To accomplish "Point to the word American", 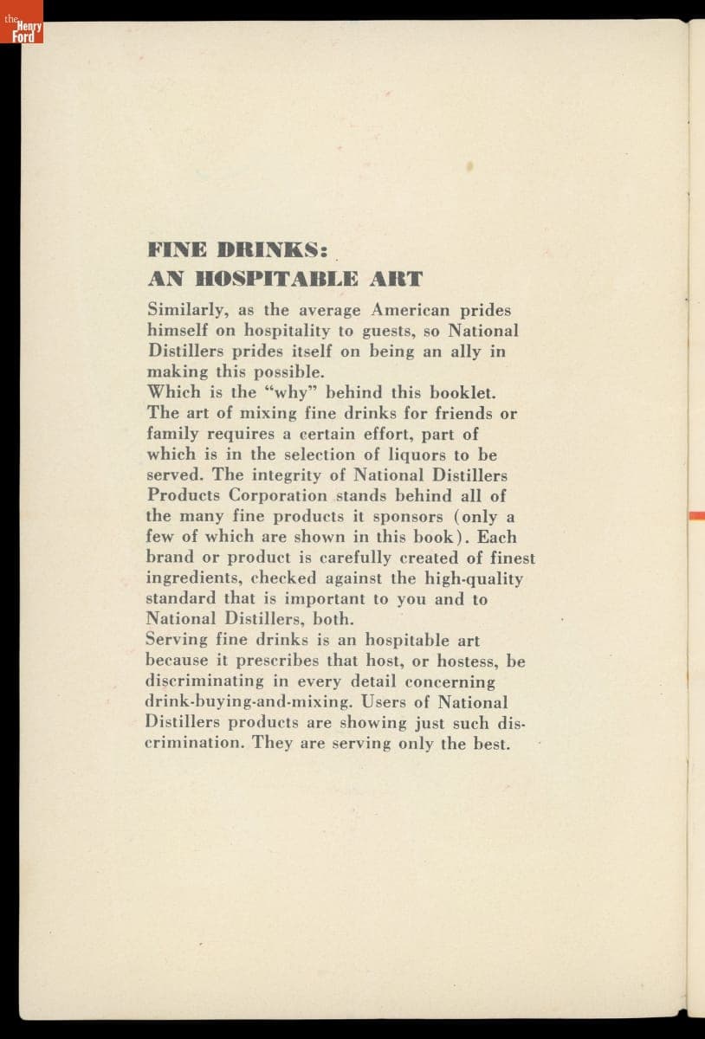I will pyautogui.click(x=412, y=310).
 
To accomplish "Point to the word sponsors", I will pyautogui.click(x=410, y=517).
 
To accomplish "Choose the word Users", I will pyautogui.click(x=409, y=702).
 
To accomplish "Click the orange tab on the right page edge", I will pyautogui.click(x=696, y=516).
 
